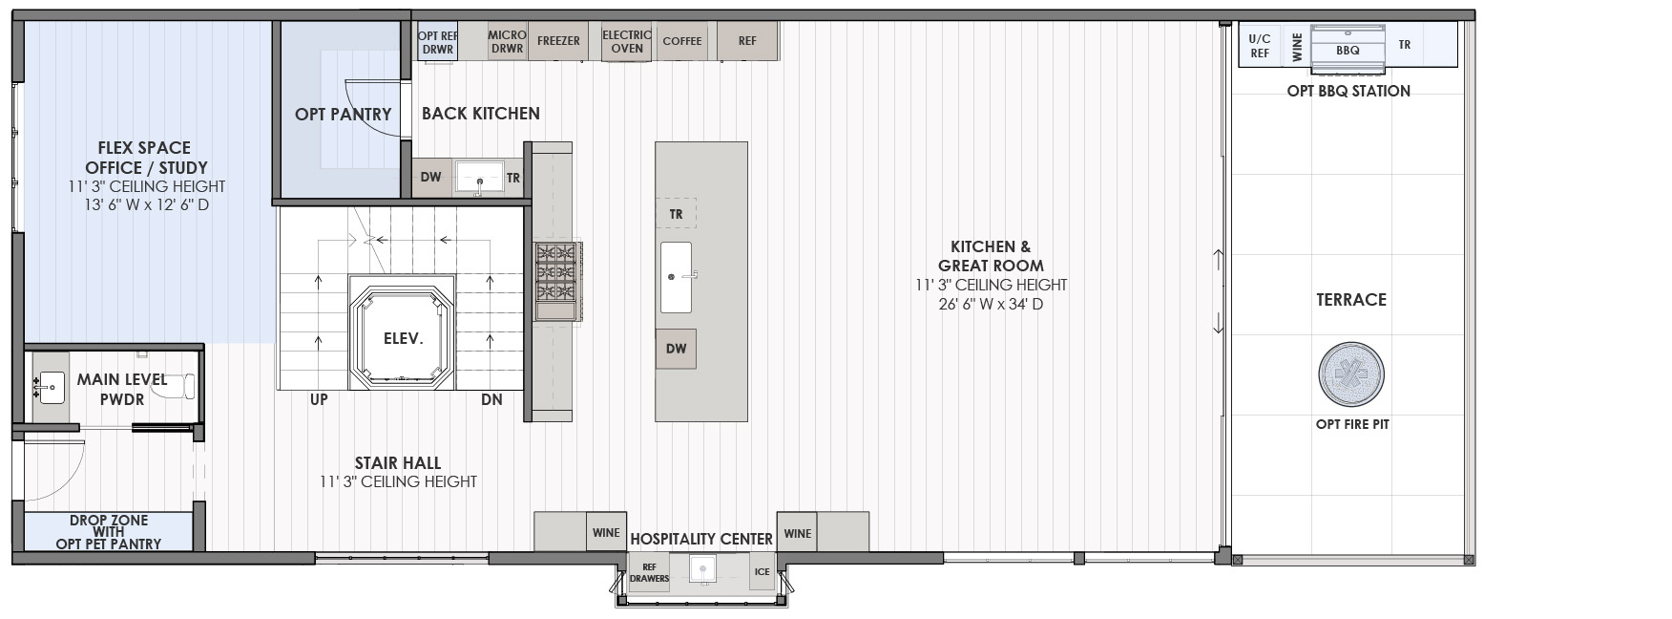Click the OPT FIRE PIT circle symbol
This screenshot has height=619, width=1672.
1350,374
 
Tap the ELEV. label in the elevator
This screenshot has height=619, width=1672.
403,338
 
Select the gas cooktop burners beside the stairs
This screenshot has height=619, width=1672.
556,281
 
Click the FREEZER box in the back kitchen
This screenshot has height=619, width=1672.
558,41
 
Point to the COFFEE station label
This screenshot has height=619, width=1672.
682,41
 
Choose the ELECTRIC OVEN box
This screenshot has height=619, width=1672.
627,41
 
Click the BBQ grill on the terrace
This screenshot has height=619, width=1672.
1348,49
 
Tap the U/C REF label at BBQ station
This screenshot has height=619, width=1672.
1260,46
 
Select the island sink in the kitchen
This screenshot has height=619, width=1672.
676,277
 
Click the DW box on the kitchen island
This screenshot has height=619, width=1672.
676,349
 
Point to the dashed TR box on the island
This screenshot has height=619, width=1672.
676,213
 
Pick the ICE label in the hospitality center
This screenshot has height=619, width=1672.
762,572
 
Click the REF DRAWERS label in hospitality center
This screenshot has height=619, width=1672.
650,572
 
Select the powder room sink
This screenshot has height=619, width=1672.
50,388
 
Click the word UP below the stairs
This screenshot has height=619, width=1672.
319,399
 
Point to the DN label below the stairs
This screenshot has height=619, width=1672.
491,399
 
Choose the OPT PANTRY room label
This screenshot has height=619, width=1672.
344,114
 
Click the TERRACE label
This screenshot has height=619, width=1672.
1351,300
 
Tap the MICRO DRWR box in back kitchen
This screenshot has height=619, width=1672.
507,41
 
